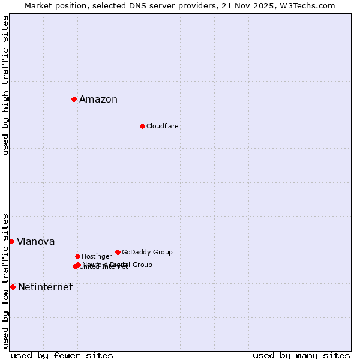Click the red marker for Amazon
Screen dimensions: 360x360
pyautogui.click(x=74, y=99)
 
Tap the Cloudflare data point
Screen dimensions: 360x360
pyautogui.click(x=142, y=126)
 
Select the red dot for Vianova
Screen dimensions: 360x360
pyautogui.click(x=11, y=241)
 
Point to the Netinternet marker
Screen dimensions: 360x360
pyautogui.click(x=13, y=287)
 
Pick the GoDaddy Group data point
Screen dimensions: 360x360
pyautogui.click(x=118, y=252)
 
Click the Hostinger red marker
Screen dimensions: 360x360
pyautogui.click(x=77, y=256)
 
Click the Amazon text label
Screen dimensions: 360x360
pyautogui.click(x=98, y=100)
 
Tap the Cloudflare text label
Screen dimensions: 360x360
pyautogui.click(x=163, y=127)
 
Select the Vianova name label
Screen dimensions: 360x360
pyautogui.click(x=36, y=242)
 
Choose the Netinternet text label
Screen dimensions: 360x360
pyautogui.click(x=46, y=287)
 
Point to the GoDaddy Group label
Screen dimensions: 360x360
pyautogui.click(x=147, y=253)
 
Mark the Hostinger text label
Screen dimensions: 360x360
pyautogui.click(x=97, y=257)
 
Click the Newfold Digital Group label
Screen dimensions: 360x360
pyautogui.click(x=118, y=265)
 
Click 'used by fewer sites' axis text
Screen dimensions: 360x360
pyautogui.click(x=62, y=356)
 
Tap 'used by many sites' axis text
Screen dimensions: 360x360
pyautogui.click(x=301, y=356)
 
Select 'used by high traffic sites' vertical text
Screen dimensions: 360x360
pyautogui.click(x=6, y=85)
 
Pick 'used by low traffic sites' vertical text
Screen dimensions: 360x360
pyautogui.click(x=6, y=281)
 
